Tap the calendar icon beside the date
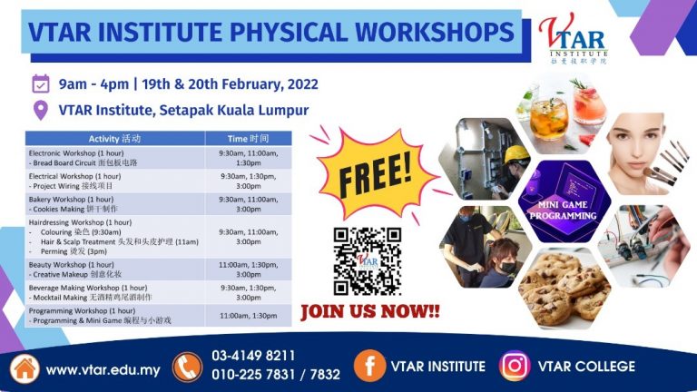pyautogui.click(x=40, y=84)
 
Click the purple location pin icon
pyautogui.click(x=40, y=111)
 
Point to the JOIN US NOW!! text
pyautogui.click(x=369, y=311)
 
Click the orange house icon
pyautogui.click(x=25, y=367)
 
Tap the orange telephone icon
pyautogui.click(x=186, y=367)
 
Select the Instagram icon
pyautogui.click(x=514, y=367)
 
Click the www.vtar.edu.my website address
pyautogui.click(x=103, y=369)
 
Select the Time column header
pyautogui.click(x=248, y=139)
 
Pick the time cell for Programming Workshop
pyautogui.click(x=248, y=315)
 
